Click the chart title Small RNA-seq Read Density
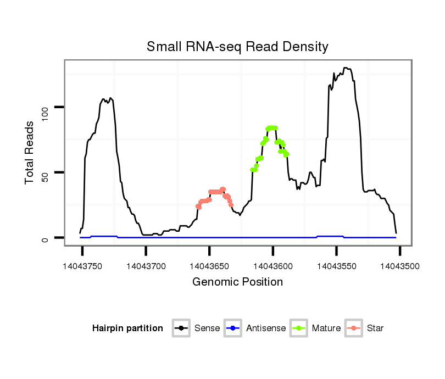click(x=237, y=47)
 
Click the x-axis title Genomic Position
click(x=237, y=282)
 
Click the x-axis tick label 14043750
click(x=83, y=266)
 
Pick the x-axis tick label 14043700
click(x=146, y=266)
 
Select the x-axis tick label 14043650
click(x=209, y=266)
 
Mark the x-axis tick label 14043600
click(x=273, y=266)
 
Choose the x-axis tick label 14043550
click(x=336, y=266)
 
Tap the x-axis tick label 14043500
click(x=399, y=266)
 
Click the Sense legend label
click(x=207, y=328)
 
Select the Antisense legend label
click(x=266, y=328)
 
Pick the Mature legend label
click(x=326, y=328)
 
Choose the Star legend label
click(x=375, y=328)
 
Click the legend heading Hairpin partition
click(x=127, y=328)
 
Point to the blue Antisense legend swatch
click(x=233, y=328)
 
